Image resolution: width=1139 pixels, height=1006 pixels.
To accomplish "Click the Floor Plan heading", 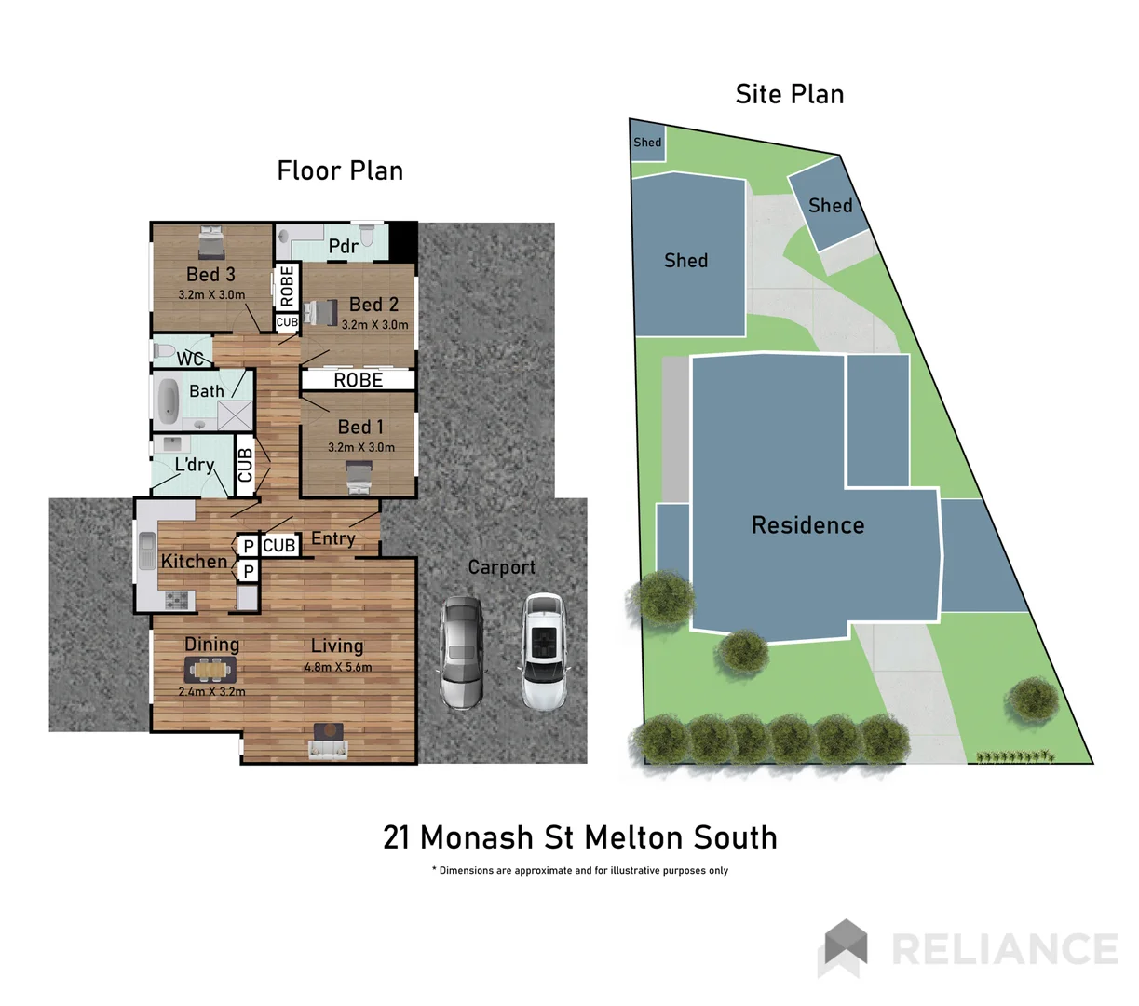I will tap(340, 170).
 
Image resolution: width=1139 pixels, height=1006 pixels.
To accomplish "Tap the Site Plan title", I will tap(789, 94).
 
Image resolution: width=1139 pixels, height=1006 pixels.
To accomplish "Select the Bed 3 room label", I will tap(210, 274).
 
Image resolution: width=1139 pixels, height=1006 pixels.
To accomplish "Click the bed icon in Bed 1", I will tap(359, 478).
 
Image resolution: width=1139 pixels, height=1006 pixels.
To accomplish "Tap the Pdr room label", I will tap(343, 246).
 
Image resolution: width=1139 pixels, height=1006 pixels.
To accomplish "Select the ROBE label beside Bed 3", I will tap(287, 286).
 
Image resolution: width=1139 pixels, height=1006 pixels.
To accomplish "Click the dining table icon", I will tap(211, 669).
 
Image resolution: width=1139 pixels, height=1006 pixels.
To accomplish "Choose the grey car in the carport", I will tap(461, 652).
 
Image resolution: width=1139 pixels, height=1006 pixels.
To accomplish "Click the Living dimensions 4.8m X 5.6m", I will tap(337, 667).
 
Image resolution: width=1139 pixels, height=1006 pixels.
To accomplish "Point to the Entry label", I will tap(332, 538).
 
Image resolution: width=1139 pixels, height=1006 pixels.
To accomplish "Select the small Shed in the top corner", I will tap(647, 143).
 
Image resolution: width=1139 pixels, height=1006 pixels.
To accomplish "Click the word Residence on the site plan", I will tap(807, 525).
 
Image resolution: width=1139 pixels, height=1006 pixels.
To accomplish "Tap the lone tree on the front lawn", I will tap(1032, 698).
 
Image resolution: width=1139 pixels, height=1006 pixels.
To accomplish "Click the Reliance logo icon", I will tap(843, 947).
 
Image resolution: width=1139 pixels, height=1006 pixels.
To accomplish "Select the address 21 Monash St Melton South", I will tap(579, 837).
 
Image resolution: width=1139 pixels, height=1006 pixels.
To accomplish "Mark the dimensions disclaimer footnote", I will tap(579, 870).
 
